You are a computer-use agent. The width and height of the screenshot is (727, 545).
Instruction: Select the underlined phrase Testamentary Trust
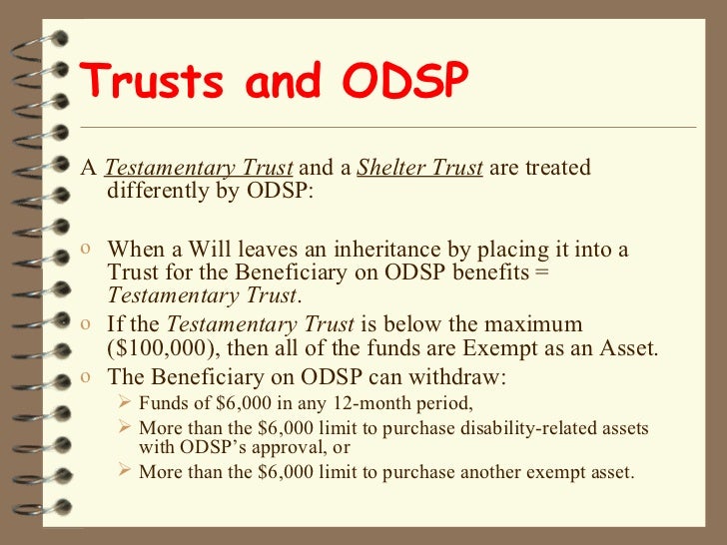(x=199, y=168)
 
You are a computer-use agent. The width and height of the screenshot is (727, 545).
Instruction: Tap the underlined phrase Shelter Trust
(x=419, y=168)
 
